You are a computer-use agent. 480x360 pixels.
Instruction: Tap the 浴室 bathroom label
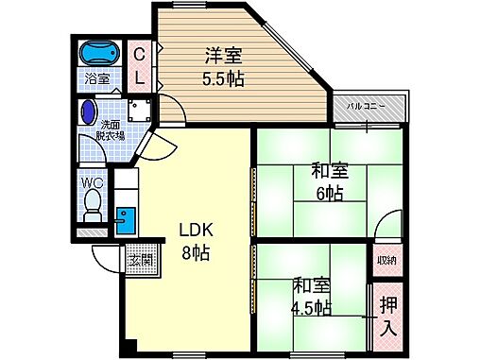tap(97, 78)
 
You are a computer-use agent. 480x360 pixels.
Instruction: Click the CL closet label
tap(138, 64)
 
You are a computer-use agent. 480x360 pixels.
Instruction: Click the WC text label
tap(92, 182)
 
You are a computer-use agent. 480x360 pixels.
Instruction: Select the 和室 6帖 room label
tap(329, 181)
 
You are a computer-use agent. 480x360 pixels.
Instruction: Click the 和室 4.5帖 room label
tap(311, 296)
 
